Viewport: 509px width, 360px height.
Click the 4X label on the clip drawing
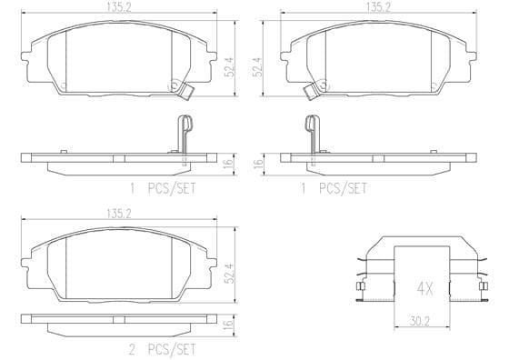424,288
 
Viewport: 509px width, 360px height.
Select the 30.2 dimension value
419,322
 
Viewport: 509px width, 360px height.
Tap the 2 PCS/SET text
163,350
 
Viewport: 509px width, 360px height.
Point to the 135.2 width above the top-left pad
119,7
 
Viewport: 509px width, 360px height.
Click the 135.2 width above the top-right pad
378,7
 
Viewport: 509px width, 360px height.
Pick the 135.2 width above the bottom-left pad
119,214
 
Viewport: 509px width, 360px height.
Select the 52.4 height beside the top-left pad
229,67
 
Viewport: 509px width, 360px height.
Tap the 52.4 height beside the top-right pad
257,67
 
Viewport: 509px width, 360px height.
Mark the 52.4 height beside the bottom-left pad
229,274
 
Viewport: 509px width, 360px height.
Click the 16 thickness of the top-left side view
228,163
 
